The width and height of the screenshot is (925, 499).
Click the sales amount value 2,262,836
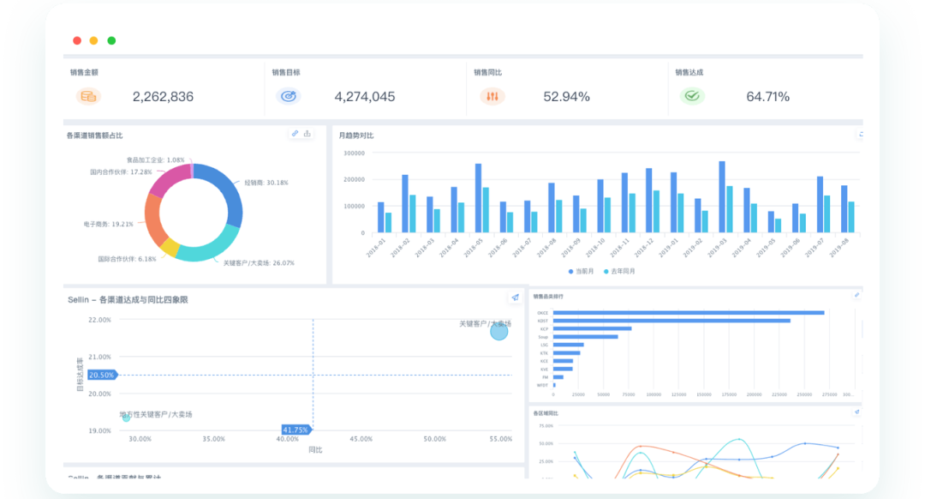pyautogui.click(x=163, y=97)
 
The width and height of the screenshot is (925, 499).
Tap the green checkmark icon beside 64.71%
pyautogui.click(x=691, y=96)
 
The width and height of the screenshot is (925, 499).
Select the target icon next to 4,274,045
pyautogui.click(x=289, y=96)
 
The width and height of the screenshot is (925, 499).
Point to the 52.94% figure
pyautogui.click(x=566, y=97)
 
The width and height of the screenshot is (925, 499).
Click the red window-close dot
pyautogui.click(x=77, y=40)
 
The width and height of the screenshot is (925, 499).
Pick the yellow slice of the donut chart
pyautogui.click(x=170, y=249)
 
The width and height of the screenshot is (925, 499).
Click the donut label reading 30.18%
pyautogui.click(x=266, y=183)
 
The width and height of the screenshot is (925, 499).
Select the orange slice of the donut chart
pyautogui.click(x=154, y=219)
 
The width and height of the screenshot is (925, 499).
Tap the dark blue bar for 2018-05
pyautogui.click(x=478, y=197)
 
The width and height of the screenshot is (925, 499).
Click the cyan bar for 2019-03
pyautogui.click(x=730, y=209)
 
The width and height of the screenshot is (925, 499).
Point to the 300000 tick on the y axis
pyautogui.click(x=354, y=153)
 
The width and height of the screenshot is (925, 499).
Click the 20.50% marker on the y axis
pyautogui.click(x=101, y=375)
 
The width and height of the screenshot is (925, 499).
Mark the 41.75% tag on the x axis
pyautogui.click(x=295, y=430)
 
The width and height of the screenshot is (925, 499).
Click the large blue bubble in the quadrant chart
pyautogui.click(x=499, y=331)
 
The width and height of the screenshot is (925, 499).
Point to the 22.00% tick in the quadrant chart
pyautogui.click(x=99, y=320)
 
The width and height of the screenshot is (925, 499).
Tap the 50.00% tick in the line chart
pyautogui.click(x=546, y=443)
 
